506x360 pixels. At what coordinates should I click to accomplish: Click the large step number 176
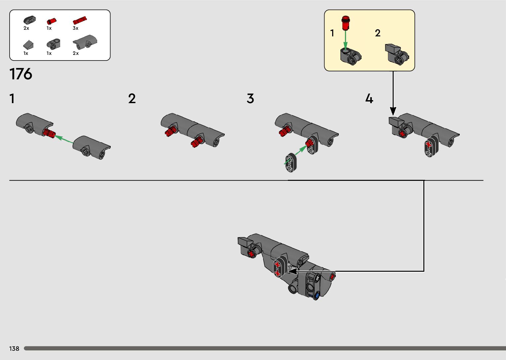[21, 74]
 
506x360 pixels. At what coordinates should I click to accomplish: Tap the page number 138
[14, 348]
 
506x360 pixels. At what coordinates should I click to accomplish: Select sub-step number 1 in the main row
[12, 99]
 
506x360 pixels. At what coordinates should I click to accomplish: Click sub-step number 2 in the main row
[132, 99]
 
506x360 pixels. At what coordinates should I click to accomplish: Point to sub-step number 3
[250, 99]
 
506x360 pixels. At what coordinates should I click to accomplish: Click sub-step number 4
[369, 99]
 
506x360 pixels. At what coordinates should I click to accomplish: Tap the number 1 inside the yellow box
[332, 33]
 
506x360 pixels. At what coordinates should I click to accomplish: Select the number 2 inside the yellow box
[378, 33]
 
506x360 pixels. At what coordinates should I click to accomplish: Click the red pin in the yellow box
[346, 22]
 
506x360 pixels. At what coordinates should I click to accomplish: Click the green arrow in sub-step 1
[64, 139]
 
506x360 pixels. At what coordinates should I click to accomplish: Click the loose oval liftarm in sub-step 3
[291, 162]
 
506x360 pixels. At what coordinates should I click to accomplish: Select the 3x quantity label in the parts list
[75, 28]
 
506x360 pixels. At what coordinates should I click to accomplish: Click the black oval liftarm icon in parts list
[29, 20]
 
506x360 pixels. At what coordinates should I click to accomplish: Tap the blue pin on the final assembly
[317, 295]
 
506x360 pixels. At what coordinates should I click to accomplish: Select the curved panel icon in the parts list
[85, 42]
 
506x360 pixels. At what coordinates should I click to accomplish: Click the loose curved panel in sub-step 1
[92, 147]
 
